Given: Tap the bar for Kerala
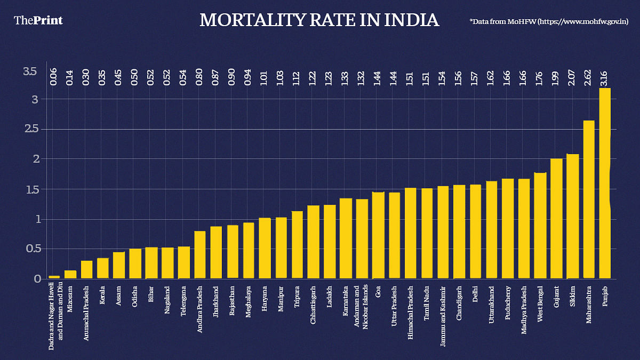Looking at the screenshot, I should click(103, 268).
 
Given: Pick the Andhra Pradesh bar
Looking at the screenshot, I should click(200, 255).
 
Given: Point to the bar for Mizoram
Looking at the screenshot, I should click(70, 275).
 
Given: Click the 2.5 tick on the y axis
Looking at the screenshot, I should click(30, 129).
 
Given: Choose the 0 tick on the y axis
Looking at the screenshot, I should click(37, 279).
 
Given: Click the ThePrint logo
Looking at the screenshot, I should click(38, 20).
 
